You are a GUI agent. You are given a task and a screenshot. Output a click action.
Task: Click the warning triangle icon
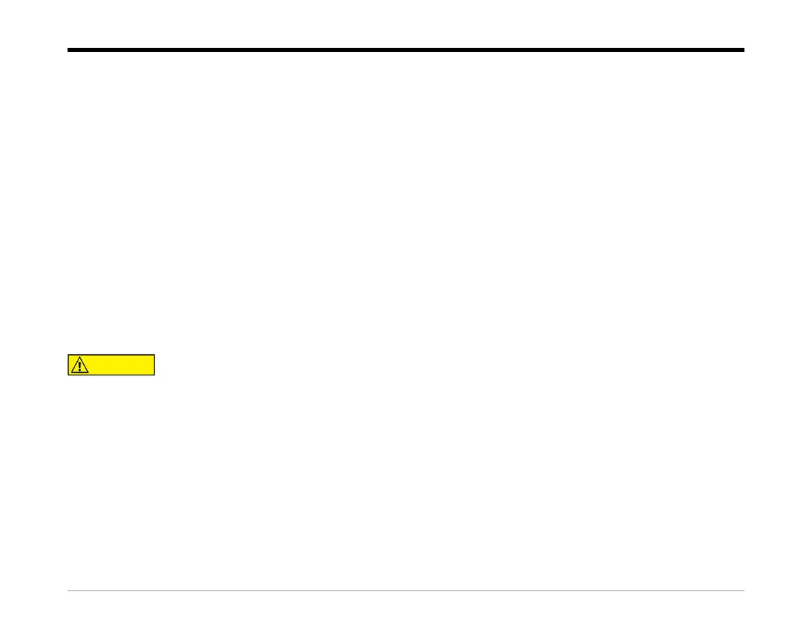pos(81,365)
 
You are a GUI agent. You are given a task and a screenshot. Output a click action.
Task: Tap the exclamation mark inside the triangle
pos(81,366)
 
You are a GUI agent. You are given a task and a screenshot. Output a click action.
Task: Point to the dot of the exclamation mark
pos(81,370)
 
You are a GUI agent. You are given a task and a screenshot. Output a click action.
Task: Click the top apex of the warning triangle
pos(81,357)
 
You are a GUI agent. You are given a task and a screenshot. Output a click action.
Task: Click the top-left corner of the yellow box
pos(68,355)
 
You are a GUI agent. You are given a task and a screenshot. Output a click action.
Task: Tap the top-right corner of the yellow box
pos(155,355)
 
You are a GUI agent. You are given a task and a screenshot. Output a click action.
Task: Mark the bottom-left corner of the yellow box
pos(68,375)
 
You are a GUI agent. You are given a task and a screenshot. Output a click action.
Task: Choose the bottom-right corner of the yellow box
pos(155,375)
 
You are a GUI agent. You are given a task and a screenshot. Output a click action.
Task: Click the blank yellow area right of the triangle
pos(123,365)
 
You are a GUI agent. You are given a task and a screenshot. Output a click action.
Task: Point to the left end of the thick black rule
pos(68,50)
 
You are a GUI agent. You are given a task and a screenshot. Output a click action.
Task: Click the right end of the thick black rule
pos(744,50)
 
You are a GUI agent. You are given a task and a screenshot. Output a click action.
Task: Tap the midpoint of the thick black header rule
pos(406,50)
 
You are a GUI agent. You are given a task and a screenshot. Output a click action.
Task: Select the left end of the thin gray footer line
pos(68,591)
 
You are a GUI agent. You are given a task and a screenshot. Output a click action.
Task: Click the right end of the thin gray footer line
pos(744,591)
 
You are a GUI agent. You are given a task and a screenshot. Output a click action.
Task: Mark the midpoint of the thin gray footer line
pos(406,591)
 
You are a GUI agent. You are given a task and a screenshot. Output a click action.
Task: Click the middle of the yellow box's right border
pos(155,365)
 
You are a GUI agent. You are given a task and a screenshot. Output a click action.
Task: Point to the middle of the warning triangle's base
pos(81,373)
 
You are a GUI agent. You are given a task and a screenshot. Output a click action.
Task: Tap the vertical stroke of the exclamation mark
pos(81,365)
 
